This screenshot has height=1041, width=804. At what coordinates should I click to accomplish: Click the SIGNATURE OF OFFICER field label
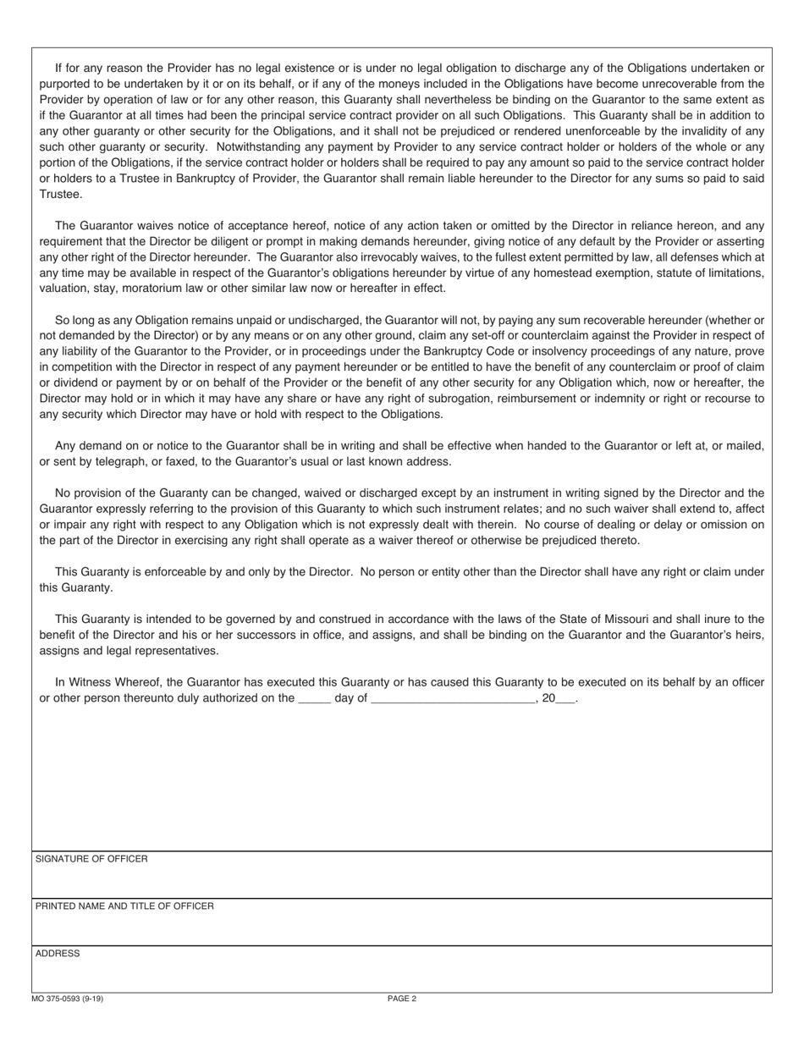91,859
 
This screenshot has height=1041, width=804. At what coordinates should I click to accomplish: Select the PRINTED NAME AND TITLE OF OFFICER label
124,906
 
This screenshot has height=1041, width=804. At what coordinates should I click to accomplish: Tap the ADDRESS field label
58,954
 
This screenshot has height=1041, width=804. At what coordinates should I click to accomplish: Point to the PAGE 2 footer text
402,999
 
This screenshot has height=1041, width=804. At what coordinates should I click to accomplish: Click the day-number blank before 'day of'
314,700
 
